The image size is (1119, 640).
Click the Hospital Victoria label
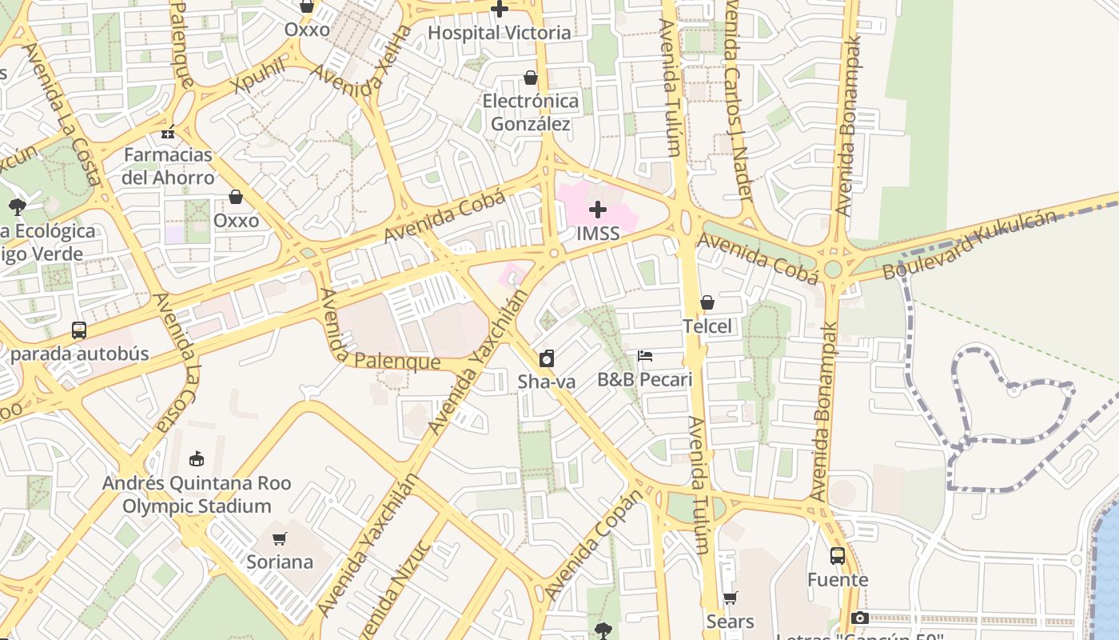(500, 33)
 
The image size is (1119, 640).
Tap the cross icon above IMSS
(598, 210)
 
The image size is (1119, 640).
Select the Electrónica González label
(530, 112)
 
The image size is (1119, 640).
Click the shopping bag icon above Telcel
(707, 302)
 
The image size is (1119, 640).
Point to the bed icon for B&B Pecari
(645, 356)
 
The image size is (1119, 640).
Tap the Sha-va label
(547, 382)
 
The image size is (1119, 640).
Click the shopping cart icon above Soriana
(279, 538)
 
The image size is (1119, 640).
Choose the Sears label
(730, 622)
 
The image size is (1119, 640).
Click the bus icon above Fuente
(837, 556)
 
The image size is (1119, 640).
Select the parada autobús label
(80, 354)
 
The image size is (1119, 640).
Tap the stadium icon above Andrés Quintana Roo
(196, 458)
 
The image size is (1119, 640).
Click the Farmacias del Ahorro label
(168, 166)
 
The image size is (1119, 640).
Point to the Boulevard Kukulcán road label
(968, 245)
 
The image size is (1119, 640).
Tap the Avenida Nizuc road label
(397, 588)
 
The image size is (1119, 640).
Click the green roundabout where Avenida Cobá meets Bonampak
(834, 268)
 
